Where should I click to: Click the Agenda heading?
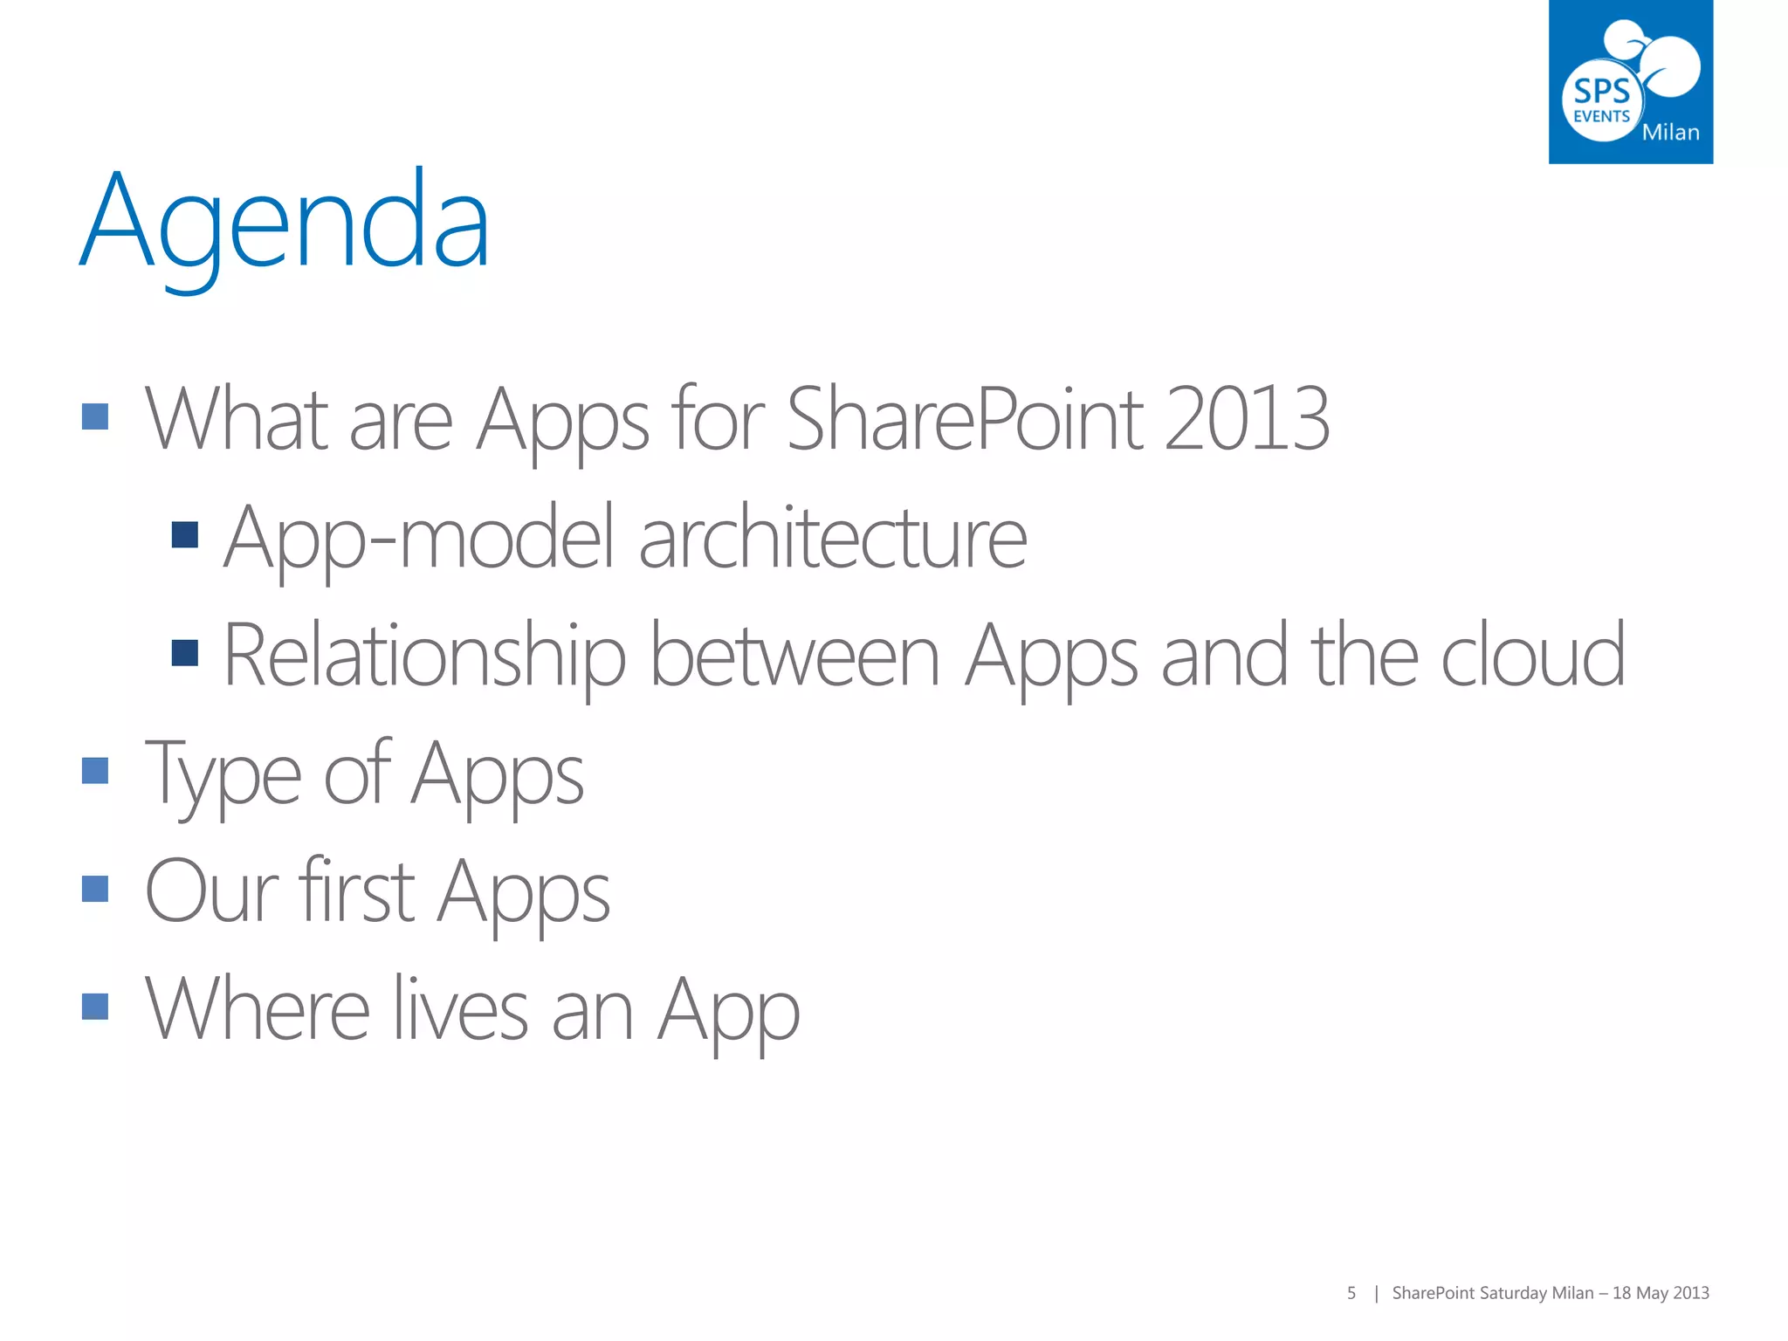click(x=285, y=223)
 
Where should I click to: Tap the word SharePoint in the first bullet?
click(x=965, y=420)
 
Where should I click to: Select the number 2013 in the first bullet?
click(x=1247, y=420)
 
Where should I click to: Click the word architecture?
click(x=833, y=539)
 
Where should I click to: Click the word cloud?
click(x=1533, y=657)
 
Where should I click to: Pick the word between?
click(x=794, y=657)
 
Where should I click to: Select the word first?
click(x=356, y=892)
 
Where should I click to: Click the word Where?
click(x=258, y=1010)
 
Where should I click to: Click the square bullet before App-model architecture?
click(x=185, y=535)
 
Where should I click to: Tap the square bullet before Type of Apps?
click(x=95, y=771)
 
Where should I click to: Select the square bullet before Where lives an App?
click(x=95, y=1007)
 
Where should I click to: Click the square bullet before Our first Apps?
click(x=95, y=889)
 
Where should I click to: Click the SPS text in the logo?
click(x=1601, y=91)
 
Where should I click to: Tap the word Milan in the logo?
click(x=1670, y=133)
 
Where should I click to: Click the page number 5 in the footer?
click(x=1351, y=1293)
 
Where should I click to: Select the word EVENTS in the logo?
click(x=1601, y=117)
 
